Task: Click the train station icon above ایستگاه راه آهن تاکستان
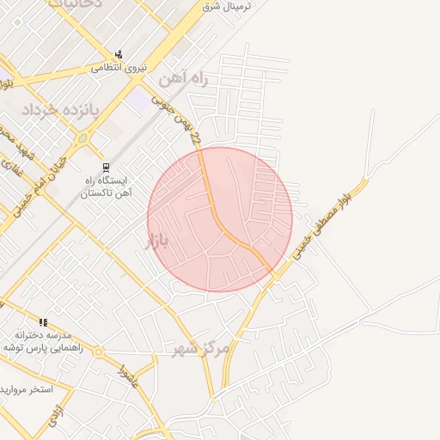pyautogui.click(x=106, y=168)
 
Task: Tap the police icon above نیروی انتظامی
pyautogui.click(x=118, y=52)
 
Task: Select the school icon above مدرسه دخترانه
pyautogui.click(x=43, y=322)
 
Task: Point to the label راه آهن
pyautogui.click(x=184, y=80)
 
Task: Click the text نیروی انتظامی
pyautogui.click(x=119, y=66)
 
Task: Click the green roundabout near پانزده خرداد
pyautogui.click(x=82, y=137)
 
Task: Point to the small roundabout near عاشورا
pyautogui.click(x=99, y=351)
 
